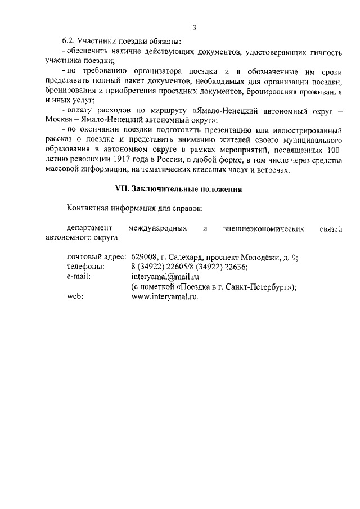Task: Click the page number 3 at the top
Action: (194, 28)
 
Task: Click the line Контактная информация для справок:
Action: (134, 209)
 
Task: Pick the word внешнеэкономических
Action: (264, 228)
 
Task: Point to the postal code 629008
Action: (143, 258)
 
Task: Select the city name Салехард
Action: (184, 258)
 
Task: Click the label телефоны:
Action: (85, 267)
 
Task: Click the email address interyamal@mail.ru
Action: (165, 277)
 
